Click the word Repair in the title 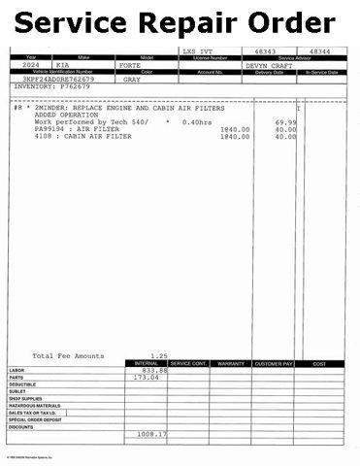pyautogui.click(x=180, y=20)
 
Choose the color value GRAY pyautogui.click(x=132, y=79)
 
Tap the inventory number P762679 pyautogui.click(x=74, y=86)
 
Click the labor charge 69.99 pyautogui.click(x=285, y=121)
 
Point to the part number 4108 pyautogui.click(x=43, y=136)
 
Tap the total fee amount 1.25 pyautogui.click(x=159, y=355)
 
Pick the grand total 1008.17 pyautogui.click(x=151, y=433)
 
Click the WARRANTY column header pyautogui.click(x=230, y=363)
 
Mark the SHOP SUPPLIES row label pyautogui.click(x=26, y=398)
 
